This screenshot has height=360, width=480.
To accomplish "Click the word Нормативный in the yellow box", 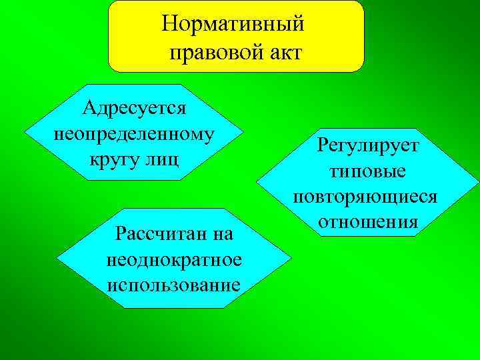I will [x=233, y=24].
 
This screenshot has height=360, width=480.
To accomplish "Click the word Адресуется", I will [x=134, y=107].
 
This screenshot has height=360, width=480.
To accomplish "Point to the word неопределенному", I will [x=134, y=133].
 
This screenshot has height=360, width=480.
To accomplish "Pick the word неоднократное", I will [x=173, y=259].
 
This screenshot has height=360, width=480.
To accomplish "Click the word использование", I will [x=173, y=285].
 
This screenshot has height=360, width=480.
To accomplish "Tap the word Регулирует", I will [x=368, y=145].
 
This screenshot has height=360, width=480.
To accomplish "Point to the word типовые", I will [x=368, y=171].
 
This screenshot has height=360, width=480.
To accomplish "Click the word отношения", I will [x=368, y=221].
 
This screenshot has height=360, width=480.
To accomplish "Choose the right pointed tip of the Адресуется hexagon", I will [x=242, y=132].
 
